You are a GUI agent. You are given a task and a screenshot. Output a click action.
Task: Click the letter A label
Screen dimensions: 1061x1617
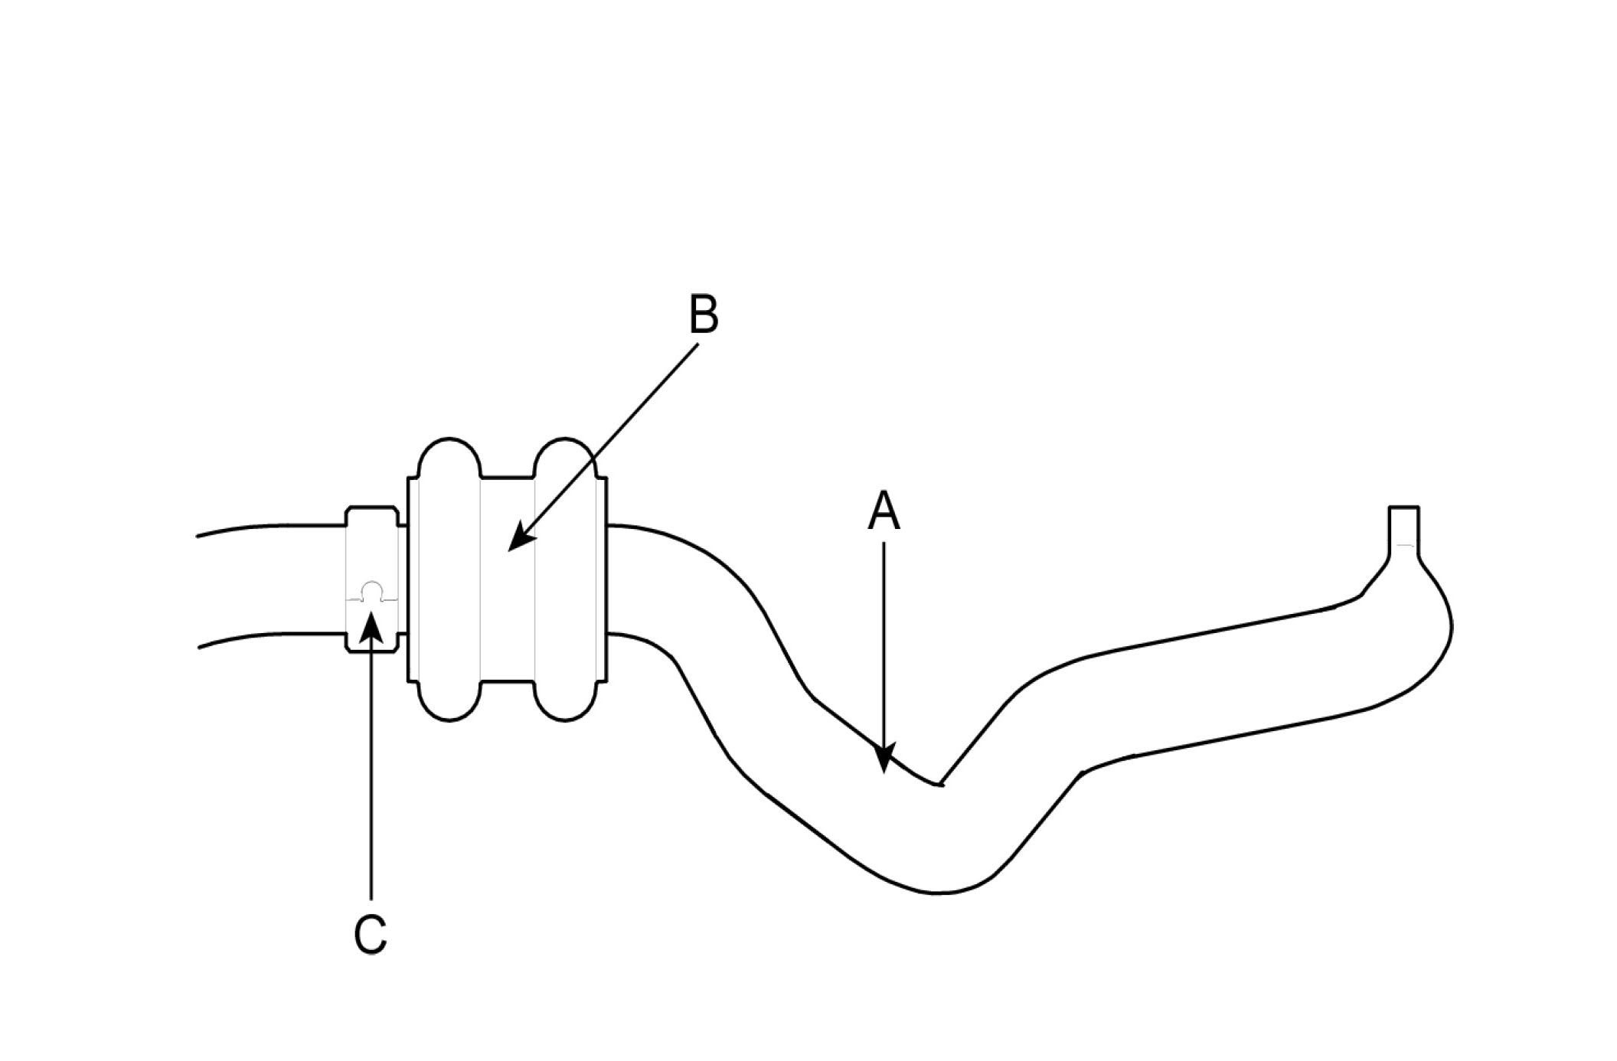884,512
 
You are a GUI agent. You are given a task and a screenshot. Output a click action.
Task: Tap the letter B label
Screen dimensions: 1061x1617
704,315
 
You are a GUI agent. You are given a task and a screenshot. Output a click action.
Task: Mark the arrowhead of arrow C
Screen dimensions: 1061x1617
371,623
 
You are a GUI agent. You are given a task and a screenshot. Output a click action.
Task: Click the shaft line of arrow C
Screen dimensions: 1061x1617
371,766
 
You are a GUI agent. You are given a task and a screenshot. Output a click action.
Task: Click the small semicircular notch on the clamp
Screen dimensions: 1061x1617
371,590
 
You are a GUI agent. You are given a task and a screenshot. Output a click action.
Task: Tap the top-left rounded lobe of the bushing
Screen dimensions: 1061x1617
449,459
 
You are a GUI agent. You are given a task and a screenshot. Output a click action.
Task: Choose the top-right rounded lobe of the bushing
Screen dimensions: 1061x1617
565,459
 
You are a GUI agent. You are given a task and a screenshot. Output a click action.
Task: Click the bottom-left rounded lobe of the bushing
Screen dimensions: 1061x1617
449,700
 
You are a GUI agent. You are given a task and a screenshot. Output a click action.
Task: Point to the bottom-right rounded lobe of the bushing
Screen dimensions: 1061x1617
565,700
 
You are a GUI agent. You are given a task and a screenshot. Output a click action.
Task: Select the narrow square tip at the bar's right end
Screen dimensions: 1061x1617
1403,525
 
